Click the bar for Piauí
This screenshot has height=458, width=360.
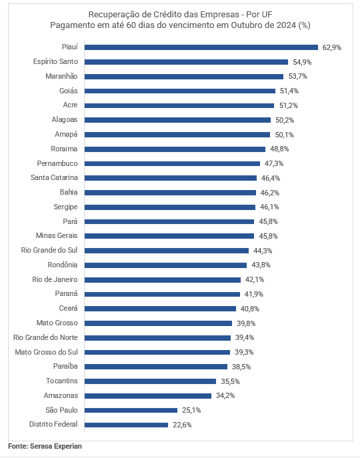[201, 47]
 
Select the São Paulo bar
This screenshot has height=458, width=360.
[131, 410]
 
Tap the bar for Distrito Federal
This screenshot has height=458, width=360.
[126, 425]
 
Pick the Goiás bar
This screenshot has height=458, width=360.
[180, 91]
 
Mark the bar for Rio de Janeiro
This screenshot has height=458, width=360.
[163, 280]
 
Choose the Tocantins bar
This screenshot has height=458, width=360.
[151, 381]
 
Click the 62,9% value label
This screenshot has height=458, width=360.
[331, 47]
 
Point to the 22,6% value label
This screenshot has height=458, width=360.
[182, 425]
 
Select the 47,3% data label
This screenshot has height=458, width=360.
[274, 163]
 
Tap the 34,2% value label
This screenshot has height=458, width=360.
[225, 395]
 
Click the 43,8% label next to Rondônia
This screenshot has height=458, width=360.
[261, 265]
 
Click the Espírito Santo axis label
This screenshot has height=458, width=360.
[55, 61]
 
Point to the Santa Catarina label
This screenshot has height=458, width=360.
[55, 177]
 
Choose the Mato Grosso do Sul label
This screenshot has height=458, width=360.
[47, 352]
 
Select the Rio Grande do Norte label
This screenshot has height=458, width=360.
[45, 337]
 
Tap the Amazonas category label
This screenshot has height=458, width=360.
[61, 395]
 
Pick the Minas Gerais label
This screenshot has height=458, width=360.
[57, 235]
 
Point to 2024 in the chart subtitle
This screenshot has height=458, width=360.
[287, 25]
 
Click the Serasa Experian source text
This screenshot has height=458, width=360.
[56, 446]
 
